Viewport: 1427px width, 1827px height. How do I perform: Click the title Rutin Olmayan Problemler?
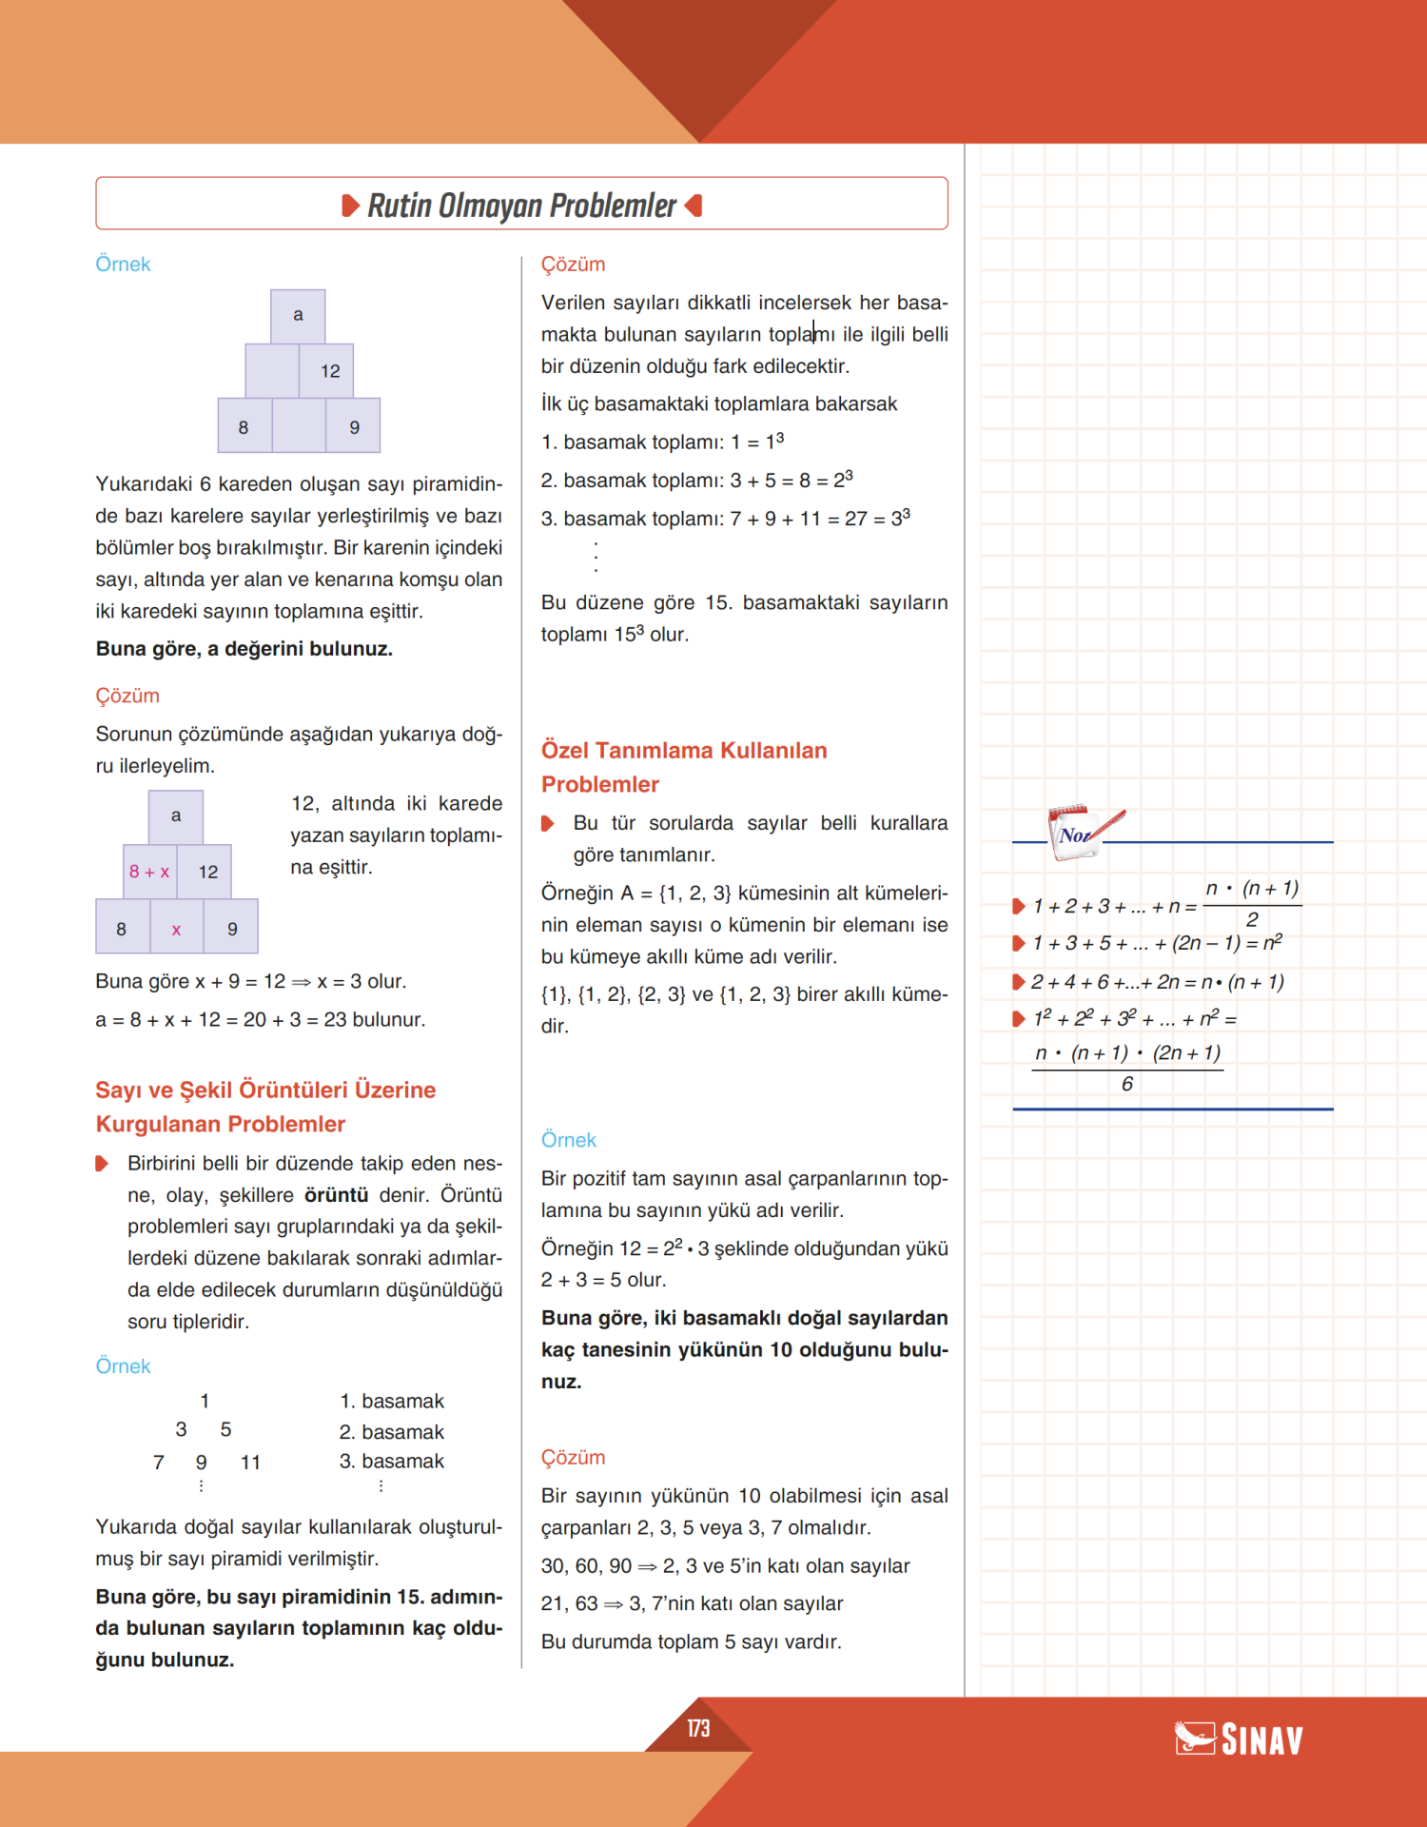click(521, 206)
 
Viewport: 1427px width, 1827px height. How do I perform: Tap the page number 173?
click(698, 1728)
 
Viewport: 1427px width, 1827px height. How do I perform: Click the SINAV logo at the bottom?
click(1239, 1739)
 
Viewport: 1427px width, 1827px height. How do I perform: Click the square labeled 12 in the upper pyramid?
click(329, 371)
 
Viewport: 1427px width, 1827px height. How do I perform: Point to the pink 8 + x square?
click(149, 872)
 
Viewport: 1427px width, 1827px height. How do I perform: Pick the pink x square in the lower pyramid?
click(176, 930)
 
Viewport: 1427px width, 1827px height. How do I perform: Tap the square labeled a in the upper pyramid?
click(298, 315)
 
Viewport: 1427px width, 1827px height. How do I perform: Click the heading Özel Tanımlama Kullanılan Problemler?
click(683, 767)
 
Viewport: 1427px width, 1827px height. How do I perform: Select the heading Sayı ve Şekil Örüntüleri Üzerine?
click(265, 1090)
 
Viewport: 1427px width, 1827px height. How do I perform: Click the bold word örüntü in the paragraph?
click(336, 1195)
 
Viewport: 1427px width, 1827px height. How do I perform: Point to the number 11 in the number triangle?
click(250, 1463)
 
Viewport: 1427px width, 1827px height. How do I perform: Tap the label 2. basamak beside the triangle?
click(391, 1432)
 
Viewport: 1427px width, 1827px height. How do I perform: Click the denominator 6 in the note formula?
click(1127, 1085)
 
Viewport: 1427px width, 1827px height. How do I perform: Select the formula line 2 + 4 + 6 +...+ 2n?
click(1157, 982)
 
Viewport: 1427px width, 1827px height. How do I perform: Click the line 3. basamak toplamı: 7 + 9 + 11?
click(725, 519)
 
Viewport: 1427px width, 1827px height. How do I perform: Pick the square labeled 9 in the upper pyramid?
click(354, 427)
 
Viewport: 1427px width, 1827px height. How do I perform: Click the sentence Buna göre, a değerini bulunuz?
click(244, 649)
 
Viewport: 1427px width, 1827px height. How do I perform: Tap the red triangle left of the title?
click(350, 206)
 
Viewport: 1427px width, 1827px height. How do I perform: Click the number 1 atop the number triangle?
click(205, 1401)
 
